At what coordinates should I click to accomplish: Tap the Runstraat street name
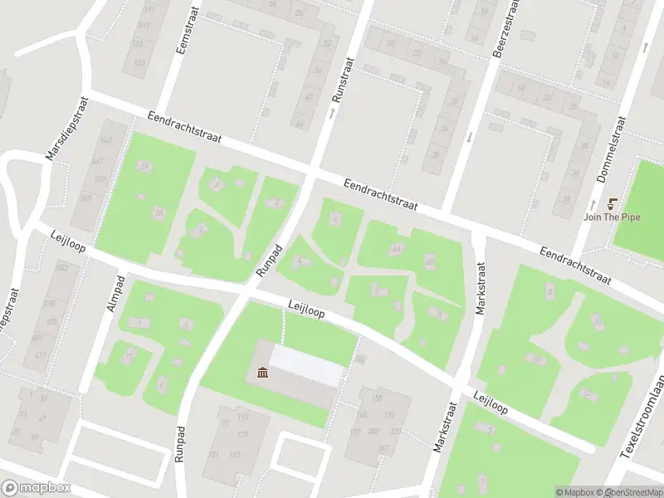339,81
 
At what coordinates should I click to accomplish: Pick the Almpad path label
115,293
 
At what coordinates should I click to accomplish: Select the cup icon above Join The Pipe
614,204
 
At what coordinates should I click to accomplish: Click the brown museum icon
263,373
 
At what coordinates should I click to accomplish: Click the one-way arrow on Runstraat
332,111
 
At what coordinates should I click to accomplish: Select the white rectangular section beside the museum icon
307,365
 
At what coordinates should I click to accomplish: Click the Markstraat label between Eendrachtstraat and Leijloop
480,289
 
